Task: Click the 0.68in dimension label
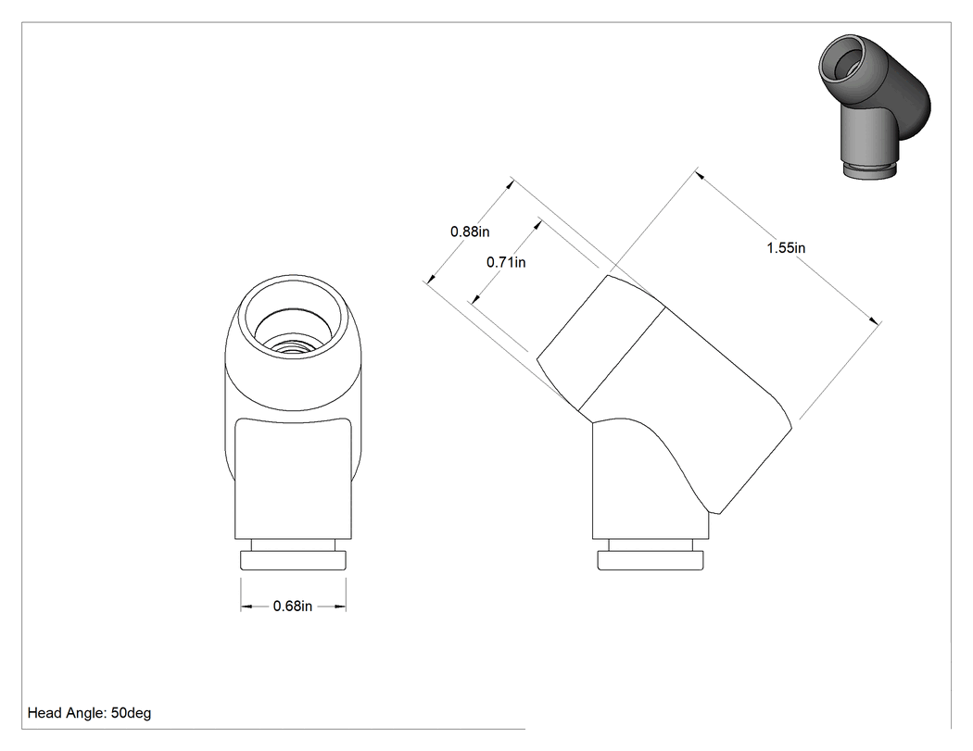(x=292, y=606)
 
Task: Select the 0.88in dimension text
(x=470, y=232)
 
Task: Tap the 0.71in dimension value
(x=506, y=262)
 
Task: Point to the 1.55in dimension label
(x=786, y=248)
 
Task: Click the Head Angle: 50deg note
(x=89, y=713)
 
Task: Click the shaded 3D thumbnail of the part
(x=875, y=107)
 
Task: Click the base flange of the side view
(x=651, y=560)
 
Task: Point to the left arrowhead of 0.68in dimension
(x=246, y=607)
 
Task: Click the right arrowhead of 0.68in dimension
(x=340, y=607)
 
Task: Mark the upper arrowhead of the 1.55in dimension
(x=700, y=175)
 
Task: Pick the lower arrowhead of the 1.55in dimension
(x=875, y=320)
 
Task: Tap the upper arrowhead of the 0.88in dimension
(x=511, y=183)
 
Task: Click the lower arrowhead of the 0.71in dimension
(x=475, y=299)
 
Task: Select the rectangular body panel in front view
(x=293, y=478)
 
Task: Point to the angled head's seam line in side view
(x=622, y=358)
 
